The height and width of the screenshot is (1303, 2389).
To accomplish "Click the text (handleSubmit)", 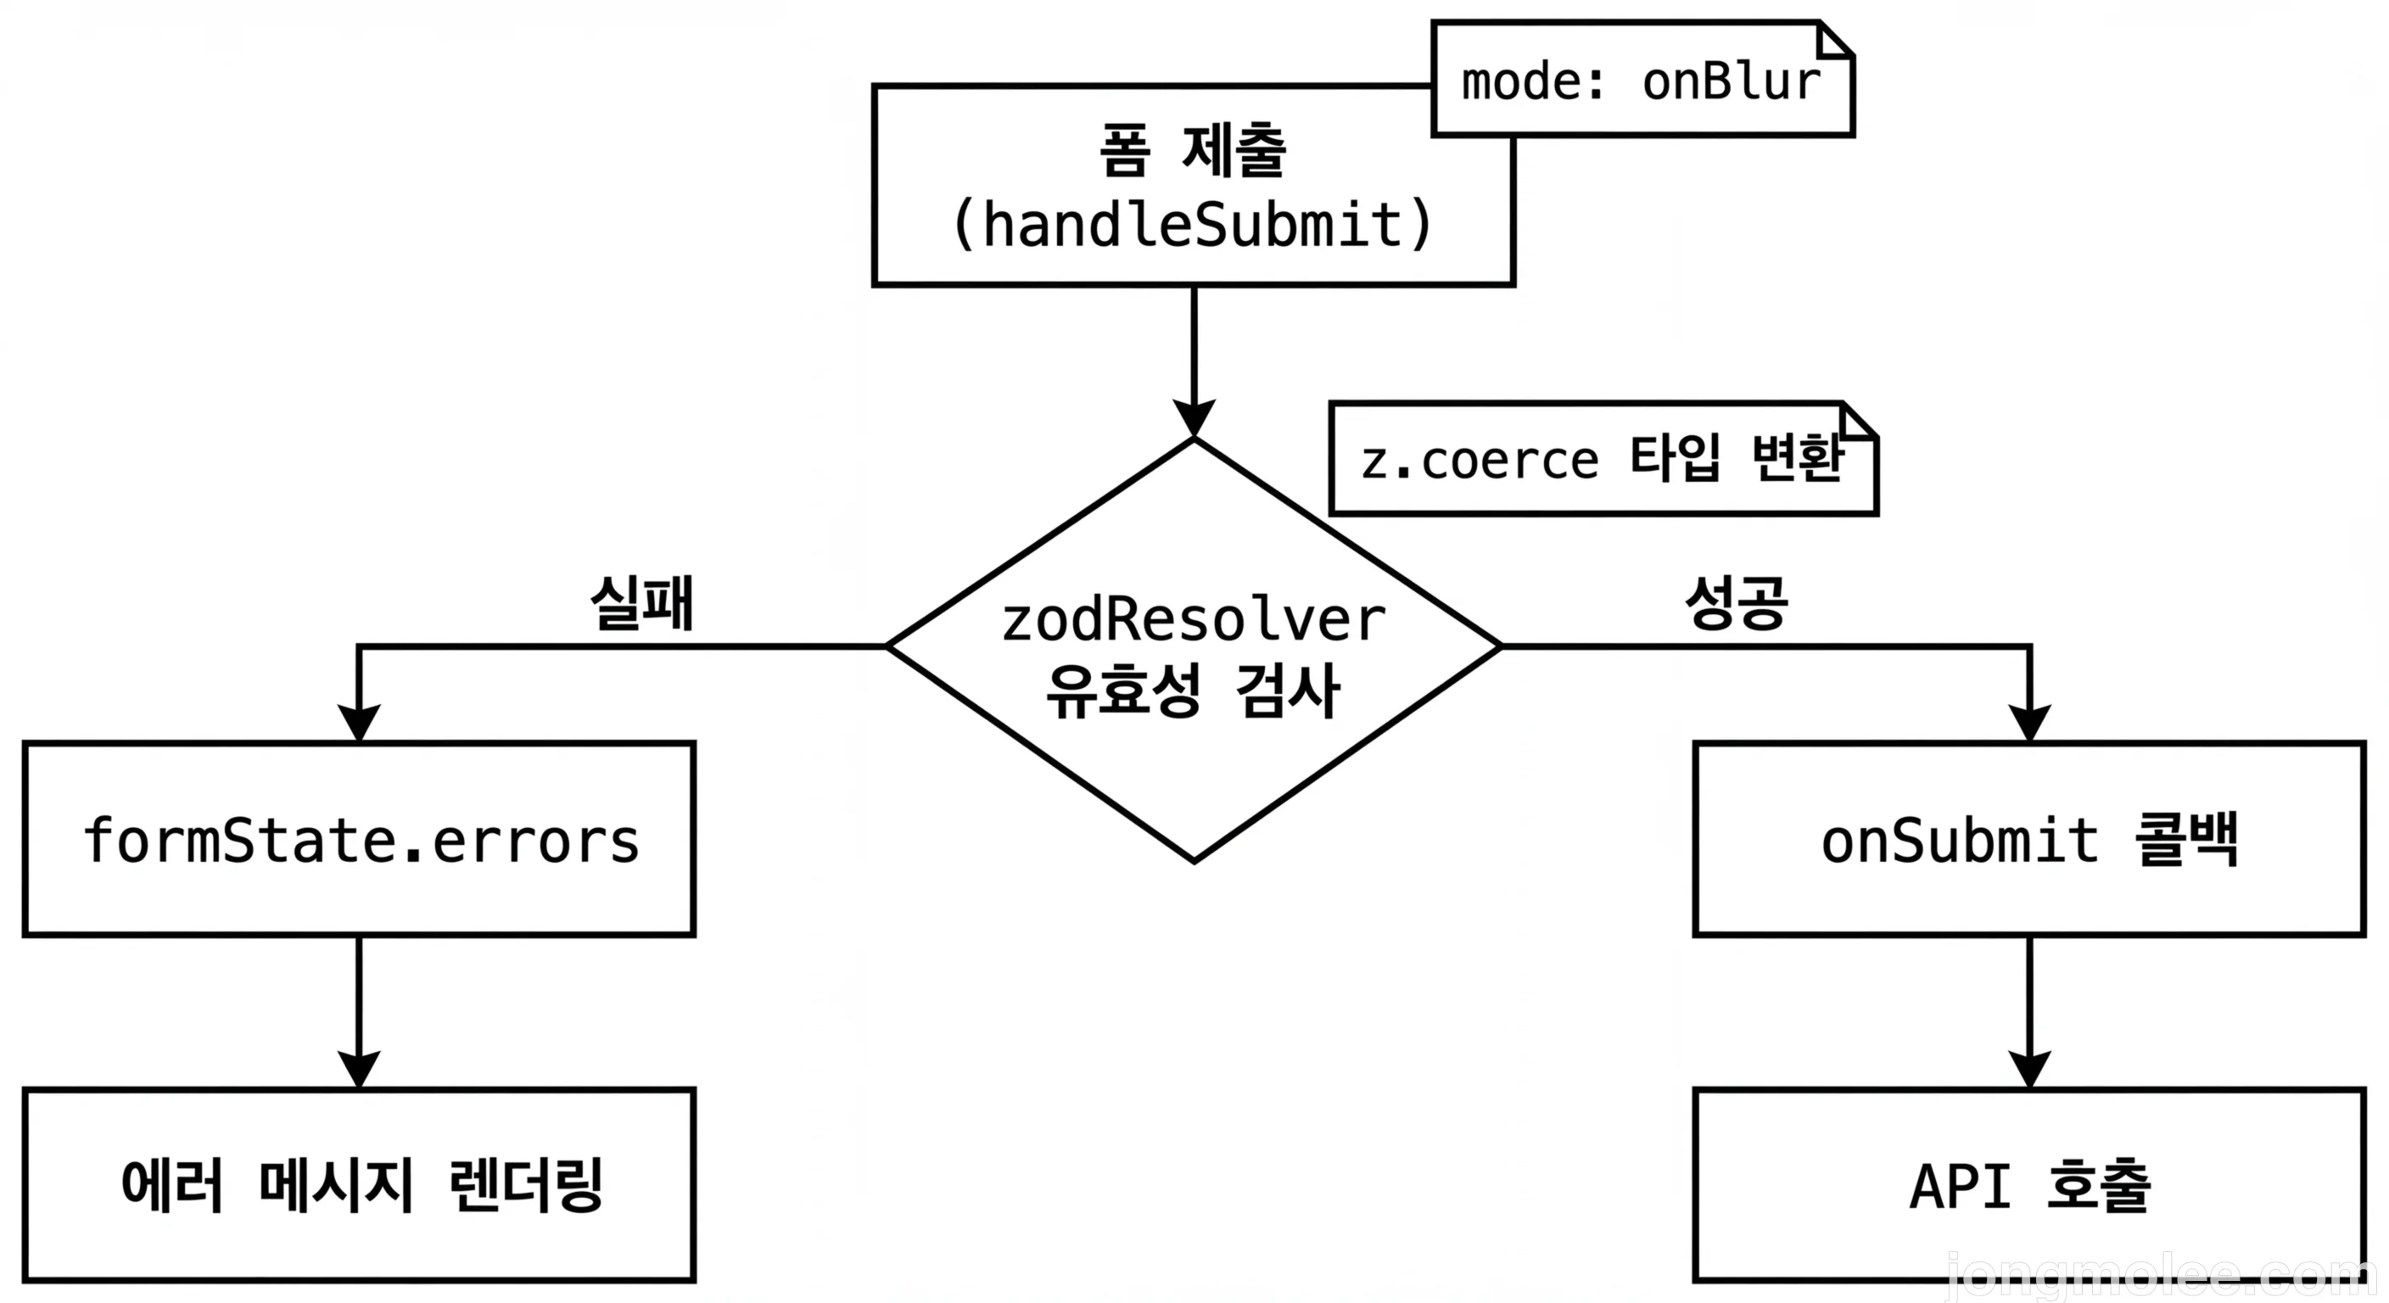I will click(x=1193, y=226).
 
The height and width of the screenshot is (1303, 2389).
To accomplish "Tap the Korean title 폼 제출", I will click(x=1193, y=150).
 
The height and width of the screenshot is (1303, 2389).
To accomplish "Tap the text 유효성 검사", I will click(x=1193, y=691).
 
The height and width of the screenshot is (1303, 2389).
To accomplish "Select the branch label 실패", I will click(x=641, y=603).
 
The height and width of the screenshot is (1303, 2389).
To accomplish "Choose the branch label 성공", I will click(x=1735, y=603).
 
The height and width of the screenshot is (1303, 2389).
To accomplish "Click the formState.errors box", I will click(x=359, y=839).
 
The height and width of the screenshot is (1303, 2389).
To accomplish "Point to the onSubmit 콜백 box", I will click(x=2029, y=839).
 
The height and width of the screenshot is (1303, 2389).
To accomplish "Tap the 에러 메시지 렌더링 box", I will click(x=359, y=1185).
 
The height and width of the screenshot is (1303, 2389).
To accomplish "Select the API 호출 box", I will click(x=2029, y=1185).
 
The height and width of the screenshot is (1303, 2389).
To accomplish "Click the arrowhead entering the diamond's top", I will click(x=1194, y=418).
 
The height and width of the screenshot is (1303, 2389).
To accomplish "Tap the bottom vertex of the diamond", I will click(x=1194, y=861).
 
